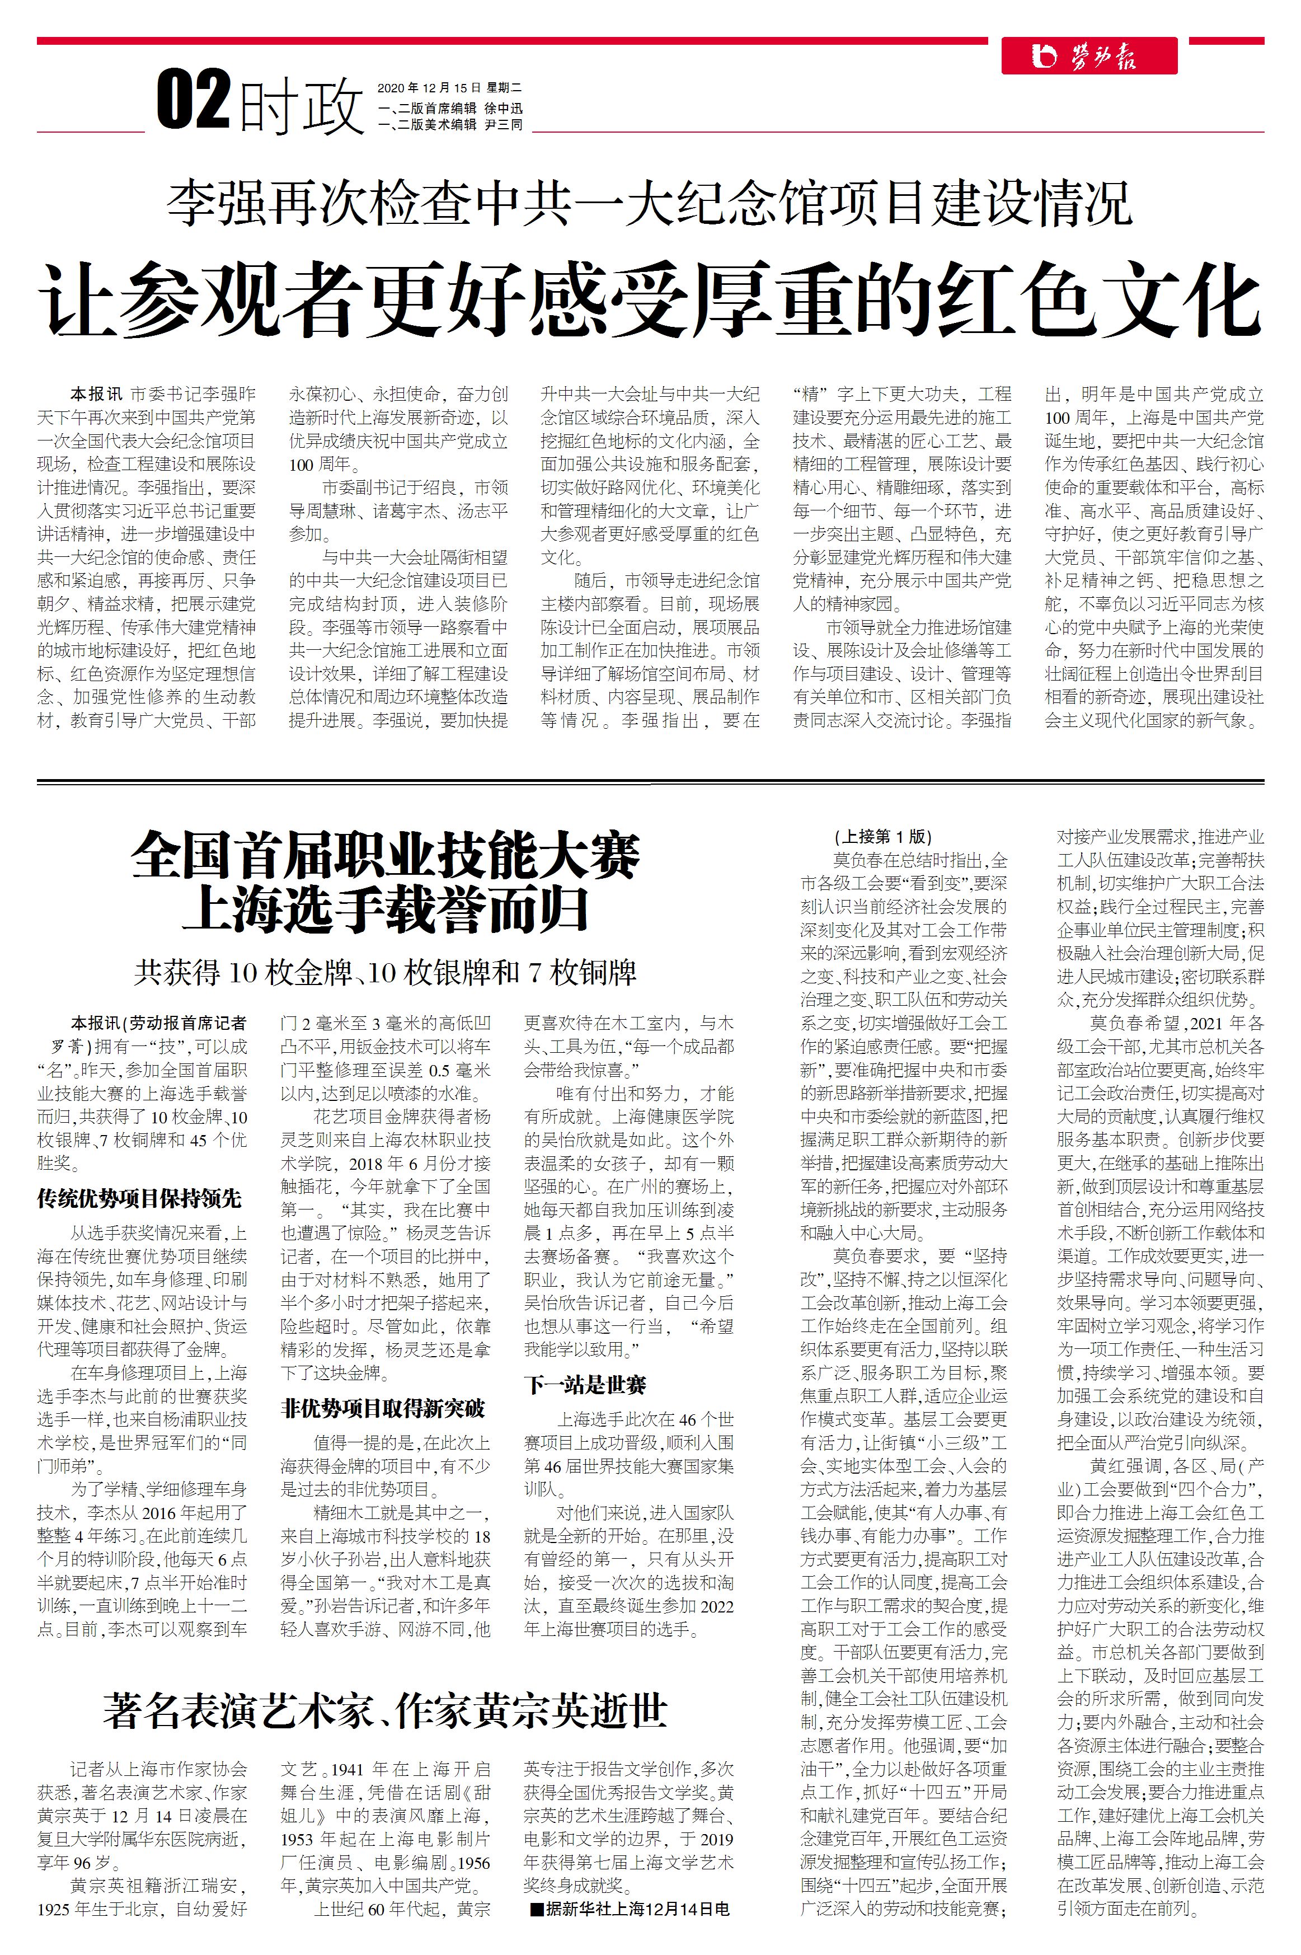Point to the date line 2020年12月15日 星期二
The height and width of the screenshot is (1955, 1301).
(x=450, y=87)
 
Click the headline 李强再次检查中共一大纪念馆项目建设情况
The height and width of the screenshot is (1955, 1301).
(x=650, y=203)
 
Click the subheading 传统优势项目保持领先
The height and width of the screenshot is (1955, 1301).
(x=139, y=1198)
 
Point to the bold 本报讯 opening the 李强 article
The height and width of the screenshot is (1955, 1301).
(x=96, y=394)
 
